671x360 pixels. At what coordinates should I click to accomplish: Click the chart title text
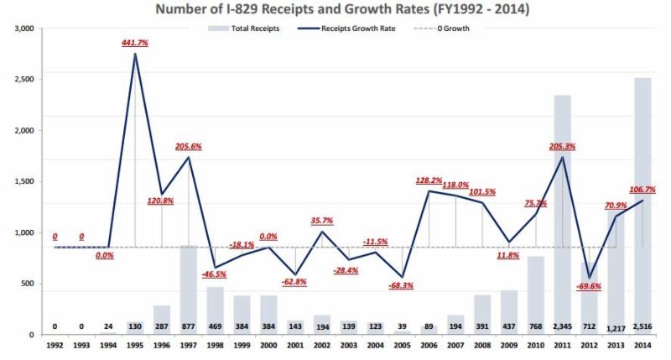point(335,10)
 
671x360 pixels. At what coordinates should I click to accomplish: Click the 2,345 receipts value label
point(561,326)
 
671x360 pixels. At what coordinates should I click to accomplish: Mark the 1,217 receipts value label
point(615,327)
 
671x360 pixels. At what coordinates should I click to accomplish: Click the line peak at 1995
point(135,55)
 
